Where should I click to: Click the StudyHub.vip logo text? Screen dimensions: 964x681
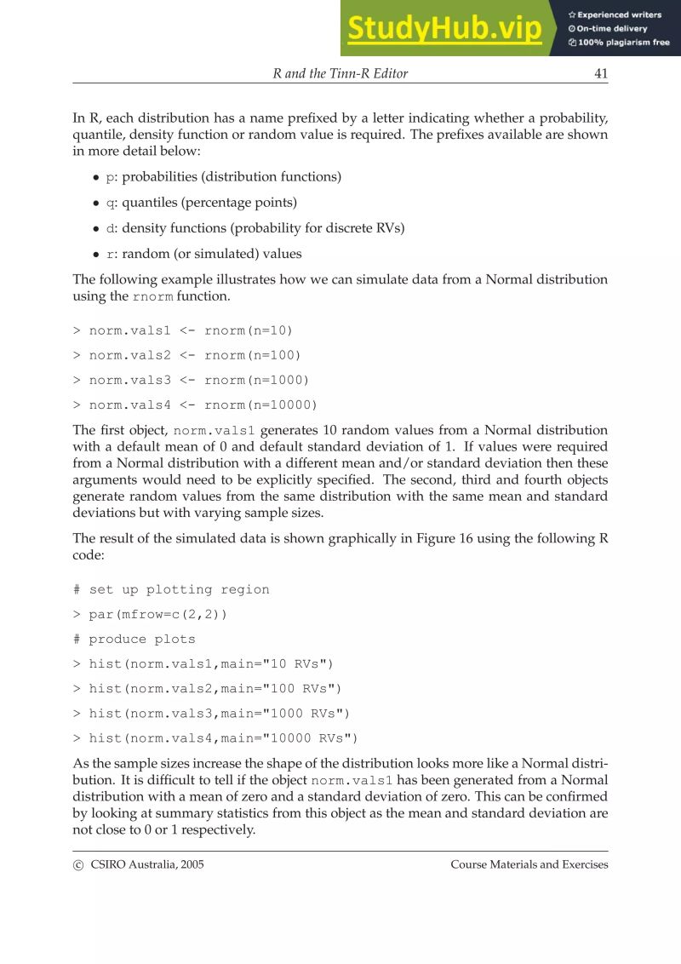[x=445, y=28]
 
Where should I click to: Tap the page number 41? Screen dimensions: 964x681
[x=601, y=73]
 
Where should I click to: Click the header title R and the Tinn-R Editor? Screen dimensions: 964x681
[x=340, y=73]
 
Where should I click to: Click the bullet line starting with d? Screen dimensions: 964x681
[x=255, y=228]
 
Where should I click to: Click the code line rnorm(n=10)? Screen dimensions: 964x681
[x=183, y=330]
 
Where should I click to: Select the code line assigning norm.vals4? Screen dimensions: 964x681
[x=195, y=405]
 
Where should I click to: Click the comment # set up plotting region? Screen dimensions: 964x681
[x=171, y=589]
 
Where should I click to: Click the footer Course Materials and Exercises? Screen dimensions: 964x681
[x=529, y=864]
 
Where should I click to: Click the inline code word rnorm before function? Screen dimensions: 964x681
[x=153, y=297]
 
